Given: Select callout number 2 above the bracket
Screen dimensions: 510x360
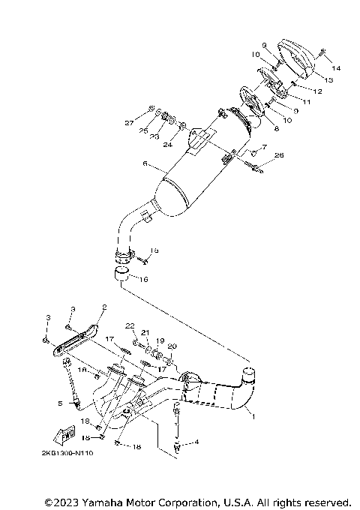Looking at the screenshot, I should pyautogui.click(x=104, y=307).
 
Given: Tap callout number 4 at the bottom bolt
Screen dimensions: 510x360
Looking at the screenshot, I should pyautogui.click(x=197, y=442).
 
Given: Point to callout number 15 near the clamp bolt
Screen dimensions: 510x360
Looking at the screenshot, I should pyautogui.click(x=154, y=250).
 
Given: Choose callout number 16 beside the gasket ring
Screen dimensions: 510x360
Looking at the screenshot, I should pyautogui.click(x=144, y=278).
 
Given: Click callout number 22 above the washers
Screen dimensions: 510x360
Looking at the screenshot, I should pyautogui.click(x=130, y=325).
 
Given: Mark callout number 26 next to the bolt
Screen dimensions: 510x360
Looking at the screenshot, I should pyautogui.click(x=280, y=155).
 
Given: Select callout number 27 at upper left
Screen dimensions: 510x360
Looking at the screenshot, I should pyautogui.click(x=129, y=121).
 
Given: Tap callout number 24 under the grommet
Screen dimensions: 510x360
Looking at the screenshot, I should pyautogui.click(x=167, y=144).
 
